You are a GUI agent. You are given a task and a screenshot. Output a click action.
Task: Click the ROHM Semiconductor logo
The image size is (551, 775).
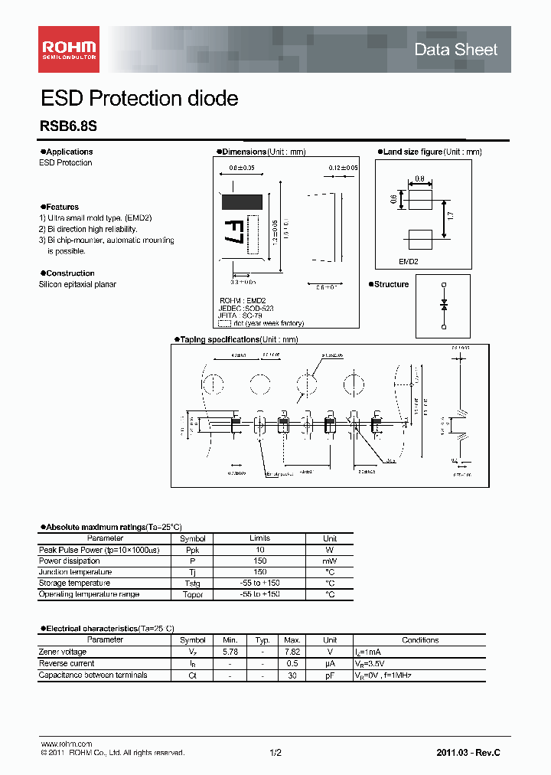click(69, 49)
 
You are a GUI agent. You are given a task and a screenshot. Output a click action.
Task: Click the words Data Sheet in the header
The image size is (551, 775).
click(455, 50)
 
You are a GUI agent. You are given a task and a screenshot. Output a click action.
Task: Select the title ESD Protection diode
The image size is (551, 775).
click(139, 99)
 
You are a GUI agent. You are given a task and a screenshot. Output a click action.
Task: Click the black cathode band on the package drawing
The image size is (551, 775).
click(241, 202)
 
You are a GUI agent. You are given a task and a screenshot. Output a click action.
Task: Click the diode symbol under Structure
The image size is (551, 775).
click(444, 305)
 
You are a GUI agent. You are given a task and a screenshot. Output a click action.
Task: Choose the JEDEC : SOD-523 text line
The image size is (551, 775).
click(246, 308)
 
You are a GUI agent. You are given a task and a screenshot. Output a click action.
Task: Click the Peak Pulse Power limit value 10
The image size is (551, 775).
click(259, 550)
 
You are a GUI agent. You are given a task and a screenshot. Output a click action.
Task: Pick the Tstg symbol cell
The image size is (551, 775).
click(193, 584)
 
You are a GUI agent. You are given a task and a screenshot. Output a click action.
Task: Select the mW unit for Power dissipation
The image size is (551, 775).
click(330, 561)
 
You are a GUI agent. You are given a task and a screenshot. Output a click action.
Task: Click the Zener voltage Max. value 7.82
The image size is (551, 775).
click(291, 652)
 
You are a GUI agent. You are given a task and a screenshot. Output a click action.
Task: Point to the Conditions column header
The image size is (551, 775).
click(420, 640)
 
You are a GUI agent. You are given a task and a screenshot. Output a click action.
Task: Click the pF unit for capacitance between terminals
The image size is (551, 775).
click(330, 675)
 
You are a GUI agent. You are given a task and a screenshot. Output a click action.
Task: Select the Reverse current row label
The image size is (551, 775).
click(67, 663)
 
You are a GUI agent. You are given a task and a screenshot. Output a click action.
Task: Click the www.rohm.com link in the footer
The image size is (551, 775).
click(66, 744)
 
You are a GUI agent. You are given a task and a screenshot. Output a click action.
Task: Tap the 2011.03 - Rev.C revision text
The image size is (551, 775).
click(468, 754)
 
